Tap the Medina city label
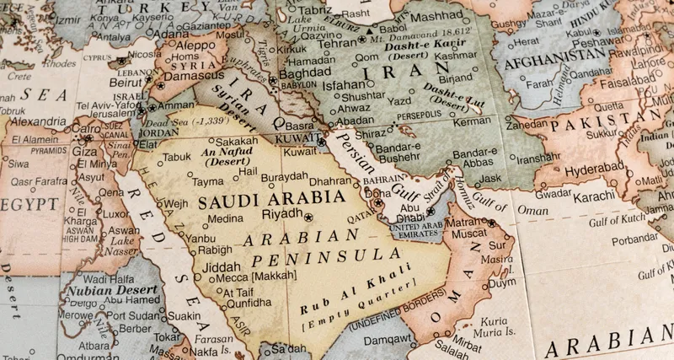[225, 218]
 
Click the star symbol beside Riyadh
[308, 217]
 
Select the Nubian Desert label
[101, 289]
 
